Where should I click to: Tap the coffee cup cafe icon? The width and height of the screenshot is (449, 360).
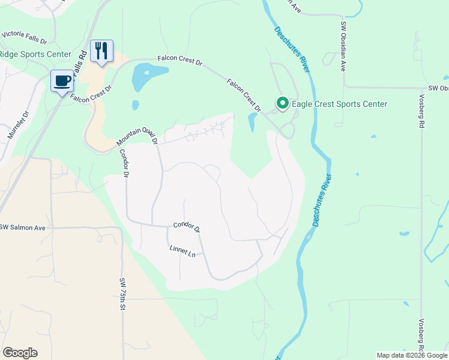tap(61, 80)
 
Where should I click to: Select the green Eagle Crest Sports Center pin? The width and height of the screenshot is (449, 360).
tap(282, 104)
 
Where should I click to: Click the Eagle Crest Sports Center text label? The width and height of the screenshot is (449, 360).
tap(339, 104)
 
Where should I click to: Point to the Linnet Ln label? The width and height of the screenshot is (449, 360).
tap(182, 251)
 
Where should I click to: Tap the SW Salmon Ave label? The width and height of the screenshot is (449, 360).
tap(23, 227)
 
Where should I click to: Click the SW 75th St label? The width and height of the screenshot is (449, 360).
tap(122, 294)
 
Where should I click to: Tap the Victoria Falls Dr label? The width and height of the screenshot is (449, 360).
tap(24, 37)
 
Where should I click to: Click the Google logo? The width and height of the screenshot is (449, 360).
tap(20, 353)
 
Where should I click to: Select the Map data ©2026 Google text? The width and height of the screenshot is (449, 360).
tap(412, 355)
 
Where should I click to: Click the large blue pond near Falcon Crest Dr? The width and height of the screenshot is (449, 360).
tap(146, 76)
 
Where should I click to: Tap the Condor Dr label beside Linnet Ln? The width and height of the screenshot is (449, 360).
tap(186, 226)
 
